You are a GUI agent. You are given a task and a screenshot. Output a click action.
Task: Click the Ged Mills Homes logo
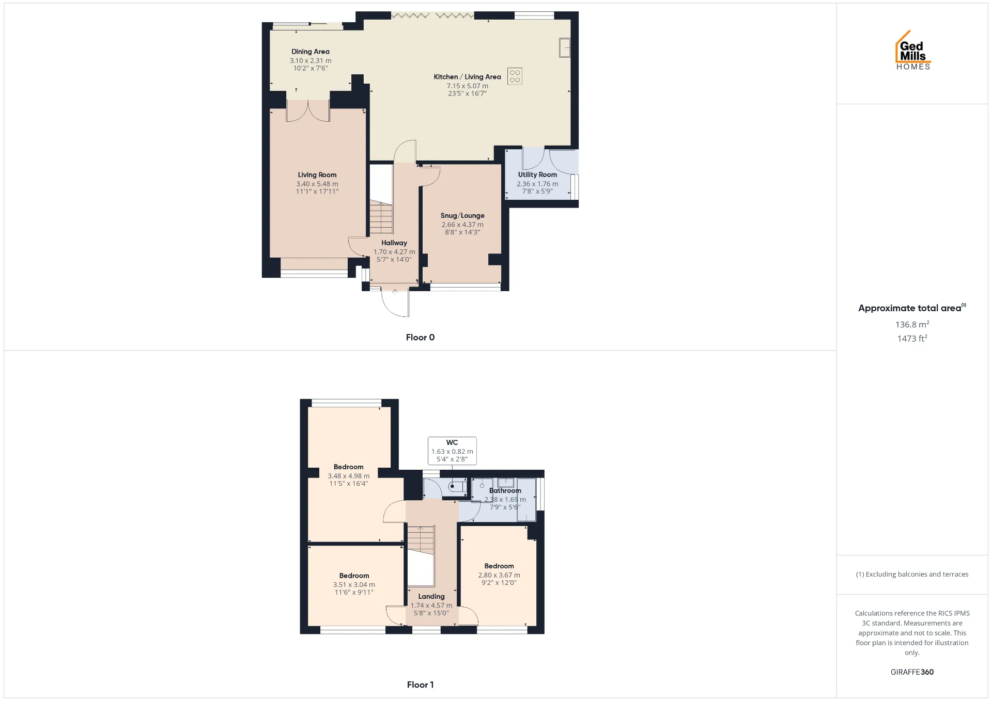pyautogui.click(x=913, y=50)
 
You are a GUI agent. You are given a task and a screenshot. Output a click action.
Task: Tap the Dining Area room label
pyautogui.click(x=311, y=52)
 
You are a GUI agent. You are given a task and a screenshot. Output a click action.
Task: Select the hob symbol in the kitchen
pyautogui.click(x=515, y=76)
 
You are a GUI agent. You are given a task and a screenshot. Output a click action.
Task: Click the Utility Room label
pyautogui.click(x=537, y=174)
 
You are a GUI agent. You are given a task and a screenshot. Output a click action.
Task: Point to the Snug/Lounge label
pyautogui.click(x=462, y=216)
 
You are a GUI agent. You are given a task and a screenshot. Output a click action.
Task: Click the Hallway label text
pyautogui.click(x=394, y=243)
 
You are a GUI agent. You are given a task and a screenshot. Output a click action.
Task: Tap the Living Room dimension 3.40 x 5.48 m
pyautogui.click(x=317, y=184)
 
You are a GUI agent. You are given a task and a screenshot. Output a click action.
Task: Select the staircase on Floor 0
pyautogui.click(x=381, y=217)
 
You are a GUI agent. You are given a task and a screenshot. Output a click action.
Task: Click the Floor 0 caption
pyautogui.click(x=420, y=337)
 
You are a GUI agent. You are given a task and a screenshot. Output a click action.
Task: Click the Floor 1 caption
pyautogui.click(x=420, y=684)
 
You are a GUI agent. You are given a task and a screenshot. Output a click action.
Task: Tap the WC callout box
pyautogui.click(x=452, y=451)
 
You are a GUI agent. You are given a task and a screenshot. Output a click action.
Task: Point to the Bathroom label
pyautogui.click(x=505, y=490)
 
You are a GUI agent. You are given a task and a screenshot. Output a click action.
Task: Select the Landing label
pyautogui.click(x=431, y=596)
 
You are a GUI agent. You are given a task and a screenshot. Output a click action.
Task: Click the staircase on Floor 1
pyautogui.click(x=421, y=540)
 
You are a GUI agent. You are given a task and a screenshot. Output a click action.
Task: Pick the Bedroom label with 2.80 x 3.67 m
pyautogui.click(x=499, y=566)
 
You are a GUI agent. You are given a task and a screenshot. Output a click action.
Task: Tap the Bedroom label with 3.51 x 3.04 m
pyautogui.click(x=354, y=576)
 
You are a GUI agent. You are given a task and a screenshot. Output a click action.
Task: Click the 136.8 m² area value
pyautogui.click(x=912, y=324)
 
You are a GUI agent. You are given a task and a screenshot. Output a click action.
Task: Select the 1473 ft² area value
pyautogui.click(x=912, y=338)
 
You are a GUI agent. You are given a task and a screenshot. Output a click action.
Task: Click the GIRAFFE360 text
pyautogui.click(x=912, y=672)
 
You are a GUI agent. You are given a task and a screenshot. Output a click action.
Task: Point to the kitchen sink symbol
pyautogui.click(x=565, y=47)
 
